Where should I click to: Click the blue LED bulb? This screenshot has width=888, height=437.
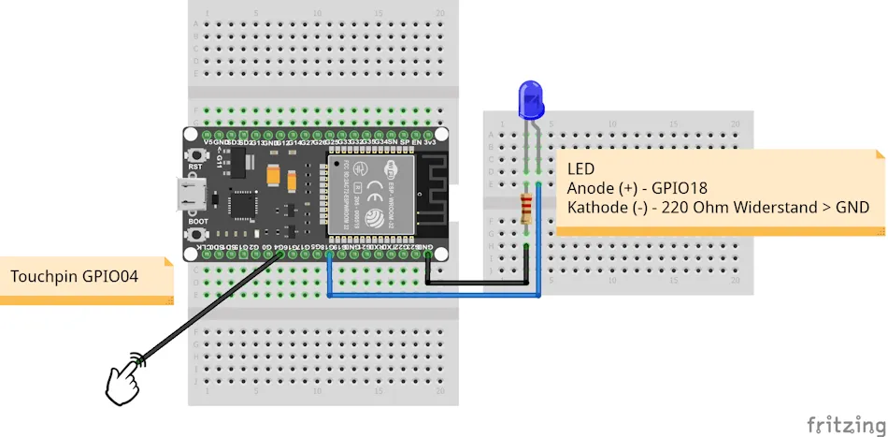pyautogui.click(x=531, y=99)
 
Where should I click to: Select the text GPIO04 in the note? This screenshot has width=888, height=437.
pyautogui.click(x=118, y=278)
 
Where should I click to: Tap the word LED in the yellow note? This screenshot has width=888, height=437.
pyautogui.click(x=580, y=169)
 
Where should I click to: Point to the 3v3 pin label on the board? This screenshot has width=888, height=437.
pyautogui.click(x=431, y=142)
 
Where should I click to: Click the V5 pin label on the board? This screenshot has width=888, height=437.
pyautogui.click(x=193, y=142)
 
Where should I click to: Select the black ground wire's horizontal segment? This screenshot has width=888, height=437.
pyautogui.click(x=477, y=281)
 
